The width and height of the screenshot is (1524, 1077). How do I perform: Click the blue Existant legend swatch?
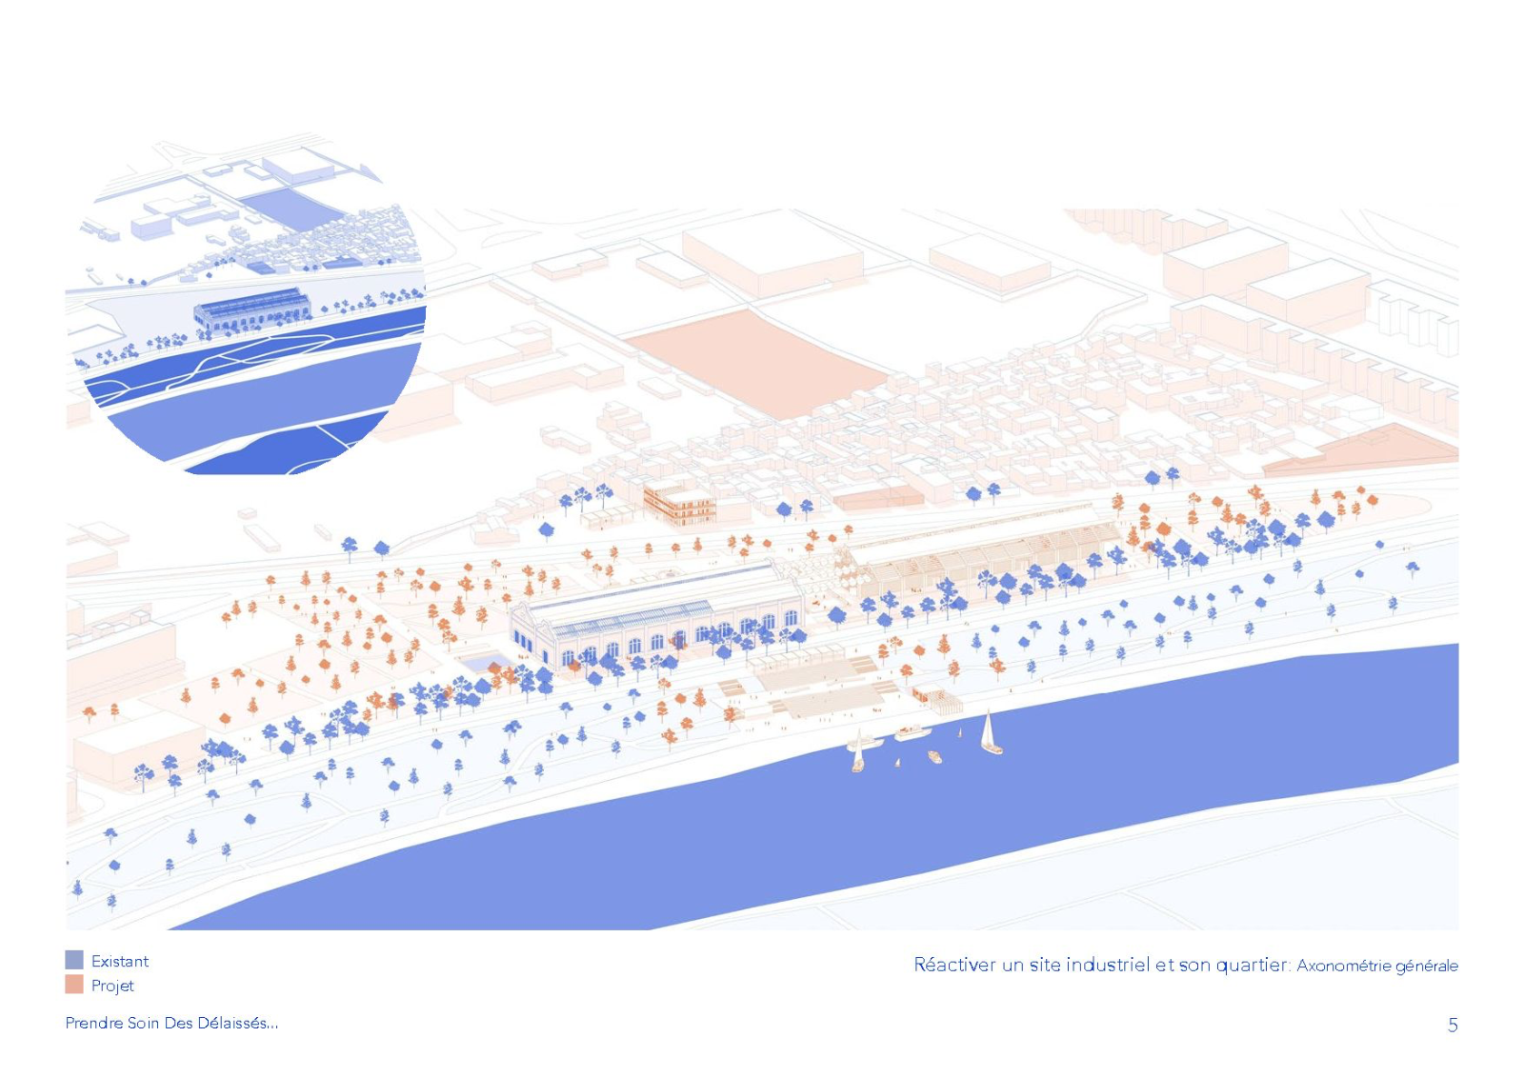click(x=74, y=960)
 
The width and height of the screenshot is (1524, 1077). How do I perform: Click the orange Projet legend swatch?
click(x=74, y=985)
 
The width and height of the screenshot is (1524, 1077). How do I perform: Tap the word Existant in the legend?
click(x=120, y=962)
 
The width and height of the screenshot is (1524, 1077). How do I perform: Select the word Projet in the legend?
click(x=113, y=986)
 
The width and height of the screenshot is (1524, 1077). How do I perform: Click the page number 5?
click(x=1453, y=1026)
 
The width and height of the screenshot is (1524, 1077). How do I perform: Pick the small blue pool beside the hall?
click(x=485, y=662)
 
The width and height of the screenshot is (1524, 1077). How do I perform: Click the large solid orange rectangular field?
click(x=755, y=363)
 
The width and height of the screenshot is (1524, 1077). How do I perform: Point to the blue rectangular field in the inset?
click(x=292, y=208)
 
